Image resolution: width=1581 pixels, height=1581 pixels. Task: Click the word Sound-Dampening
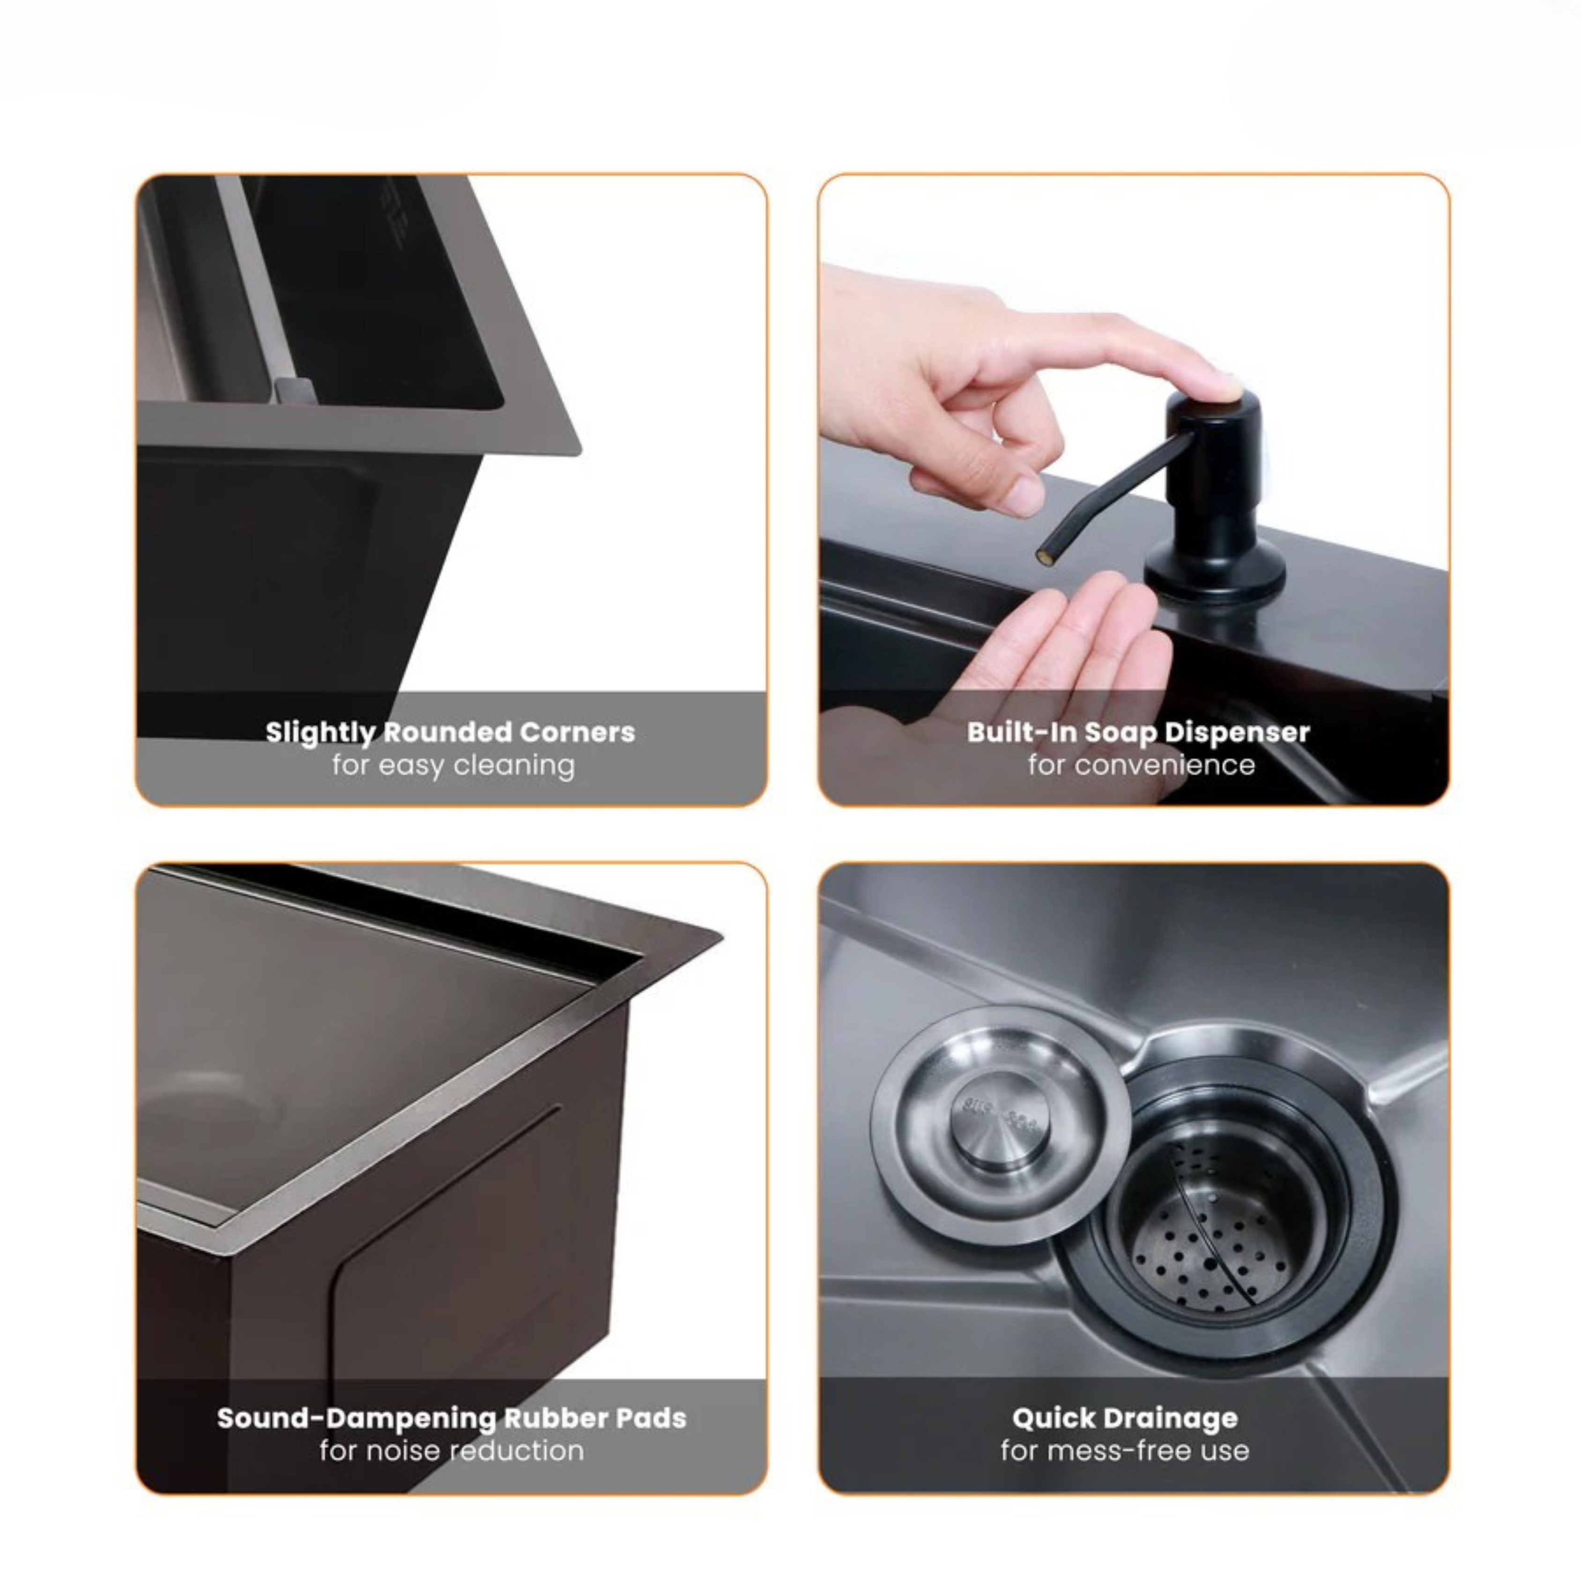pos(357,1418)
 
